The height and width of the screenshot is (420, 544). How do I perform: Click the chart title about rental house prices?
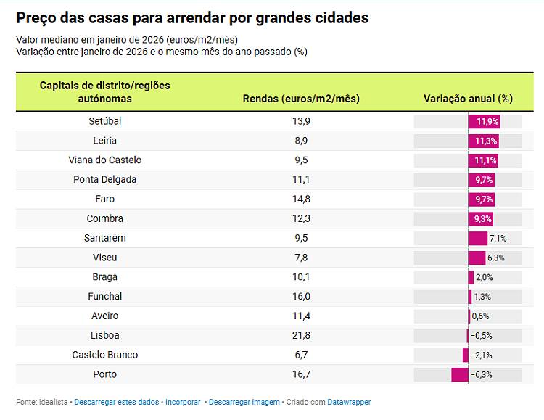point(192,18)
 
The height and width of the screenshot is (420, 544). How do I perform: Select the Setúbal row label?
point(105,121)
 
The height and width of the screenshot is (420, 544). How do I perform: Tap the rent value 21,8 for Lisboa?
point(301,335)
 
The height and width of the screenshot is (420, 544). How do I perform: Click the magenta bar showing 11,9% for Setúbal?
point(485,121)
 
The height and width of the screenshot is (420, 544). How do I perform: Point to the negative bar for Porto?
point(460,374)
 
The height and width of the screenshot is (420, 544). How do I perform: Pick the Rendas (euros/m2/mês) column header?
point(301,99)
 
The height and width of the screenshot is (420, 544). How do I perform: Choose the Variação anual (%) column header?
point(468,99)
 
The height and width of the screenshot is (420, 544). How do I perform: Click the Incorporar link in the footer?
point(183,402)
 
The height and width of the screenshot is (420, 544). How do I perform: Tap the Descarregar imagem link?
point(244,402)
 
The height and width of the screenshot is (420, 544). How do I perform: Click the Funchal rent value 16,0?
point(301,296)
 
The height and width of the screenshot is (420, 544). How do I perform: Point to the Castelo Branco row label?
point(105,355)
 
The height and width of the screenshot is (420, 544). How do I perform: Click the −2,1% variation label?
point(482,355)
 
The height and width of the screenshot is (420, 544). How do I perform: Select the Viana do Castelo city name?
point(105,160)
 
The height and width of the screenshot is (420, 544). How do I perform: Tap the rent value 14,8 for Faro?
point(301,199)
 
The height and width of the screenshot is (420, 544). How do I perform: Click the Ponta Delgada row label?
point(105,179)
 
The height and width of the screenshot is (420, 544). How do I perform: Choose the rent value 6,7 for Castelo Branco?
point(301,355)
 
